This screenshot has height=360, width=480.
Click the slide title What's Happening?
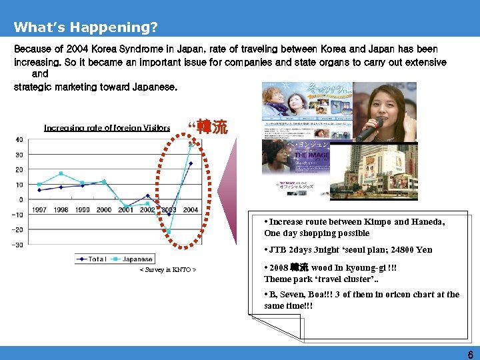(85, 27)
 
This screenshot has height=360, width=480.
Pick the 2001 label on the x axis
(125, 209)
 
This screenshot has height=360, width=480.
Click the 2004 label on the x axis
(190, 209)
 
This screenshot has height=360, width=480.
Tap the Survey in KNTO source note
(167, 270)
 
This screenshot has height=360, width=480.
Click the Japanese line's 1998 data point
(61, 173)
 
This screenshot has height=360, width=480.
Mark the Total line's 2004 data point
(191, 163)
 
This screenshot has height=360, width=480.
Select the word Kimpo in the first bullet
(373, 222)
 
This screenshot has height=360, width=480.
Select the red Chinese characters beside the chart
(215, 127)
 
